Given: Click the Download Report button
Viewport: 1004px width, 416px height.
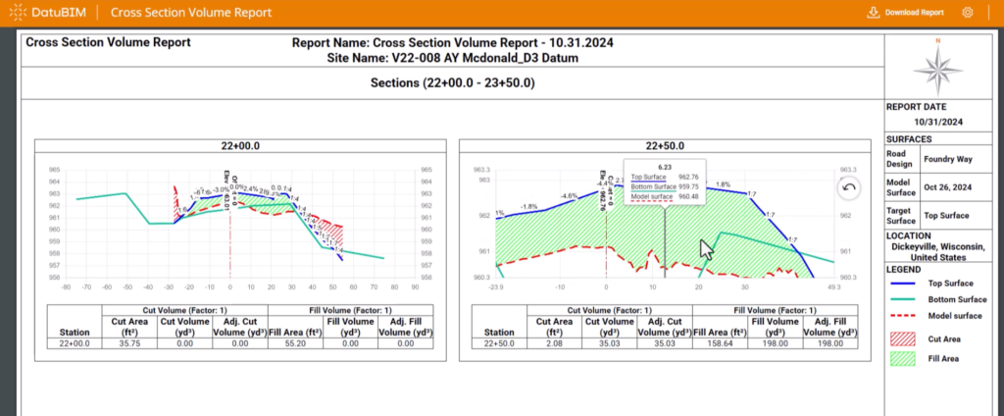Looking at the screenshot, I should point(906,13).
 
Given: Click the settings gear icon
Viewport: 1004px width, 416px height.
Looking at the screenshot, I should point(968,13).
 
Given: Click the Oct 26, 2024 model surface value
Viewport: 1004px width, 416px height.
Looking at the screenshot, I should point(948,186).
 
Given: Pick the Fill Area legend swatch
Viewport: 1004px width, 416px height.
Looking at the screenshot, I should point(904,359).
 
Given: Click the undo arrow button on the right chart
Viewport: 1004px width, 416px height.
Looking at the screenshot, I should point(849,187).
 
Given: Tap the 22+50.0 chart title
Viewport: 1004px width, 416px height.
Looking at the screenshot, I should point(665,145).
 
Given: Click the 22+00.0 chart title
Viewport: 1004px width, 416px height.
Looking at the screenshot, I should point(239,145).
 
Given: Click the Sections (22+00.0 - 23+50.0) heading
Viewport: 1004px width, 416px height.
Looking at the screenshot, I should point(452,82).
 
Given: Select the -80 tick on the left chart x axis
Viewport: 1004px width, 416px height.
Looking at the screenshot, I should point(66,288).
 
